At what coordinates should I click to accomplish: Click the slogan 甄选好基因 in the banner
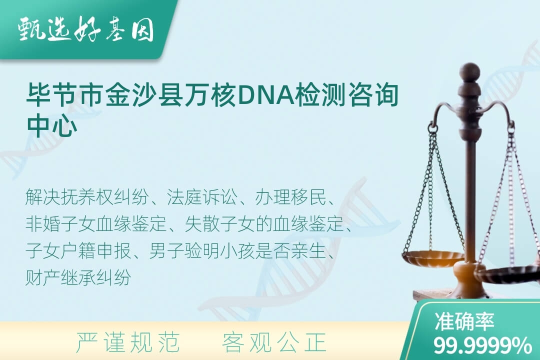(86, 29)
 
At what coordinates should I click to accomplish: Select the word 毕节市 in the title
(65, 94)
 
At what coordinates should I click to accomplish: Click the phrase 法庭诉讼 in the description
(202, 197)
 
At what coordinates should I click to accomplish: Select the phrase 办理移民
(290, 197)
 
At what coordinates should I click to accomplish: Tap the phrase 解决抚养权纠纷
(87, 197)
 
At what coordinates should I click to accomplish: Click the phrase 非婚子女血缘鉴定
(96, 224)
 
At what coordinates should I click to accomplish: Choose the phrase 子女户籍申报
(78, 251)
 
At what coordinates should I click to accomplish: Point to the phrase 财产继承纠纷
(78, 277)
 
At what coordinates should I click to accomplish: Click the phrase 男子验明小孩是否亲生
(237, 251)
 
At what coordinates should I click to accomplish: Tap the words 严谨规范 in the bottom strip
(128, 342)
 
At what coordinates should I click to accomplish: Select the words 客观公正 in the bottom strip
(274, 342)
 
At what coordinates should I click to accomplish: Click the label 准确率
(464, 321)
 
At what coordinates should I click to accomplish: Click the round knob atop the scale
(469, 71)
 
